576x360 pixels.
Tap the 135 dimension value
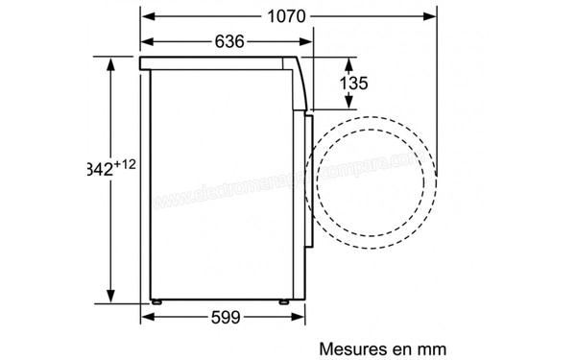(x=355, y=84)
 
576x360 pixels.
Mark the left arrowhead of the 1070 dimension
(x=146, y=16)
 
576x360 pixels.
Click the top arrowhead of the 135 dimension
(x=343, y=60)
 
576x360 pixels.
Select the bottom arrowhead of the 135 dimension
(x=343, y=108)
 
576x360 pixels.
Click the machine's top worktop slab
(x=221, y=62)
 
